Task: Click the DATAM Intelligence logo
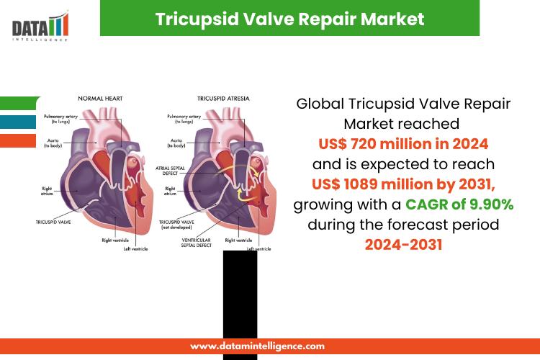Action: [40, 27]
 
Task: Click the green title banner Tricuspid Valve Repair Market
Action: [289, 18]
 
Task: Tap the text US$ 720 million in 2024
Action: [403, 144]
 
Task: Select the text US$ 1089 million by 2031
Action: [403, 184]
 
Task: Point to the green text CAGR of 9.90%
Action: [459, 204]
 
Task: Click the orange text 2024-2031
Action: [403, 245]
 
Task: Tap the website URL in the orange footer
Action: [257, 346]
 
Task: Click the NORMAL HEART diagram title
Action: [100, 99]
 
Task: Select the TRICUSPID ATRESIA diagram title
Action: [223, 99]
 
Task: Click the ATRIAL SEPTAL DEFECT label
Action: [170, 171]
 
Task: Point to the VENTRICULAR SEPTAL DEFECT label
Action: [197, 243]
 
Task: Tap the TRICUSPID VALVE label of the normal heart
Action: [53, 222]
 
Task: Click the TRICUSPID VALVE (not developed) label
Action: [176, 225]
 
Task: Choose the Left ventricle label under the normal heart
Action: [135, 248]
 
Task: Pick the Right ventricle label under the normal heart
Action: [115, 240]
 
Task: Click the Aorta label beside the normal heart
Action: [53, 143]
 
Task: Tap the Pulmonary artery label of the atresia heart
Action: [184, 119]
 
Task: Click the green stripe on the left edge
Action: [20, 103]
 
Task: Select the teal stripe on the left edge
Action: [18, 122]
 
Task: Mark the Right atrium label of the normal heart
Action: [47, 191]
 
